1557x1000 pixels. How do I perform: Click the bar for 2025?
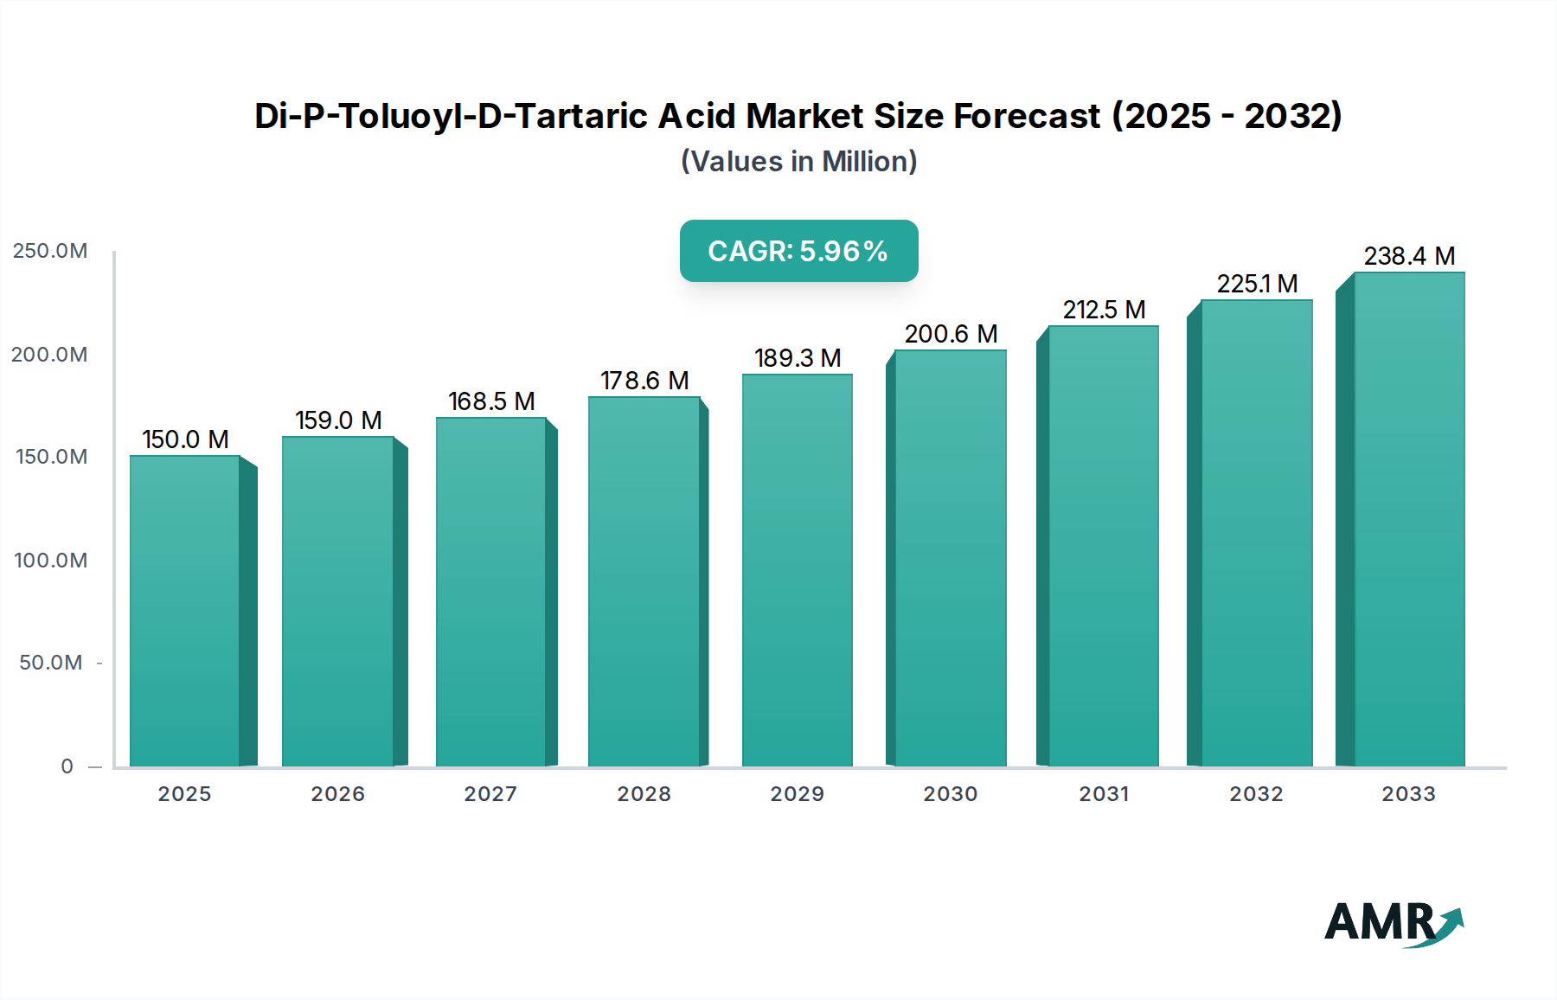(x=184, y=610)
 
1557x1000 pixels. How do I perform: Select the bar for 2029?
(x=797, y=571)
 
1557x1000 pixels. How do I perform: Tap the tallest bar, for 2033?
(x=1408, y=519)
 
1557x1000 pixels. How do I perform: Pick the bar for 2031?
(x=1103, y=545)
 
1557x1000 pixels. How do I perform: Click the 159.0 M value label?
(x=338, y=420)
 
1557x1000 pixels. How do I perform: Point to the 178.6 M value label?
(x=644, y=381)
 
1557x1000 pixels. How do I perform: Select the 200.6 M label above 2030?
(x=951, y=334)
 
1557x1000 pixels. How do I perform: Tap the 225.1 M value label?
(x=1257, y=284)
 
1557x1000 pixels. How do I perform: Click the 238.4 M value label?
(x=1409, y=256)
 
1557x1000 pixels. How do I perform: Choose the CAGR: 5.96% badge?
(x=798, y=251)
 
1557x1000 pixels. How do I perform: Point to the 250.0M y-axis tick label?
(x=50, y=251)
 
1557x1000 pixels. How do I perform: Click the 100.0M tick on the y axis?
(x=50, y=561)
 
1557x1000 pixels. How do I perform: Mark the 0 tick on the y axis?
(x=67, y=766)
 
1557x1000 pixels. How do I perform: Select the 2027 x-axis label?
(x=490, y=794)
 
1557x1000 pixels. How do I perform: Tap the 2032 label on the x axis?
(x=1256, y=794)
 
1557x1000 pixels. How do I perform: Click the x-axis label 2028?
(x=644, y=794)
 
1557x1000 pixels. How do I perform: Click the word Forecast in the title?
(x=1026, y=116)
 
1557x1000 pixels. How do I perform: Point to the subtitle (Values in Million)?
(x=798, y=162)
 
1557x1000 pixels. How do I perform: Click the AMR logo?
(x=1393, y=922)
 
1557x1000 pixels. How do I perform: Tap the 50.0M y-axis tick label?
(x=50, y=663)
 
